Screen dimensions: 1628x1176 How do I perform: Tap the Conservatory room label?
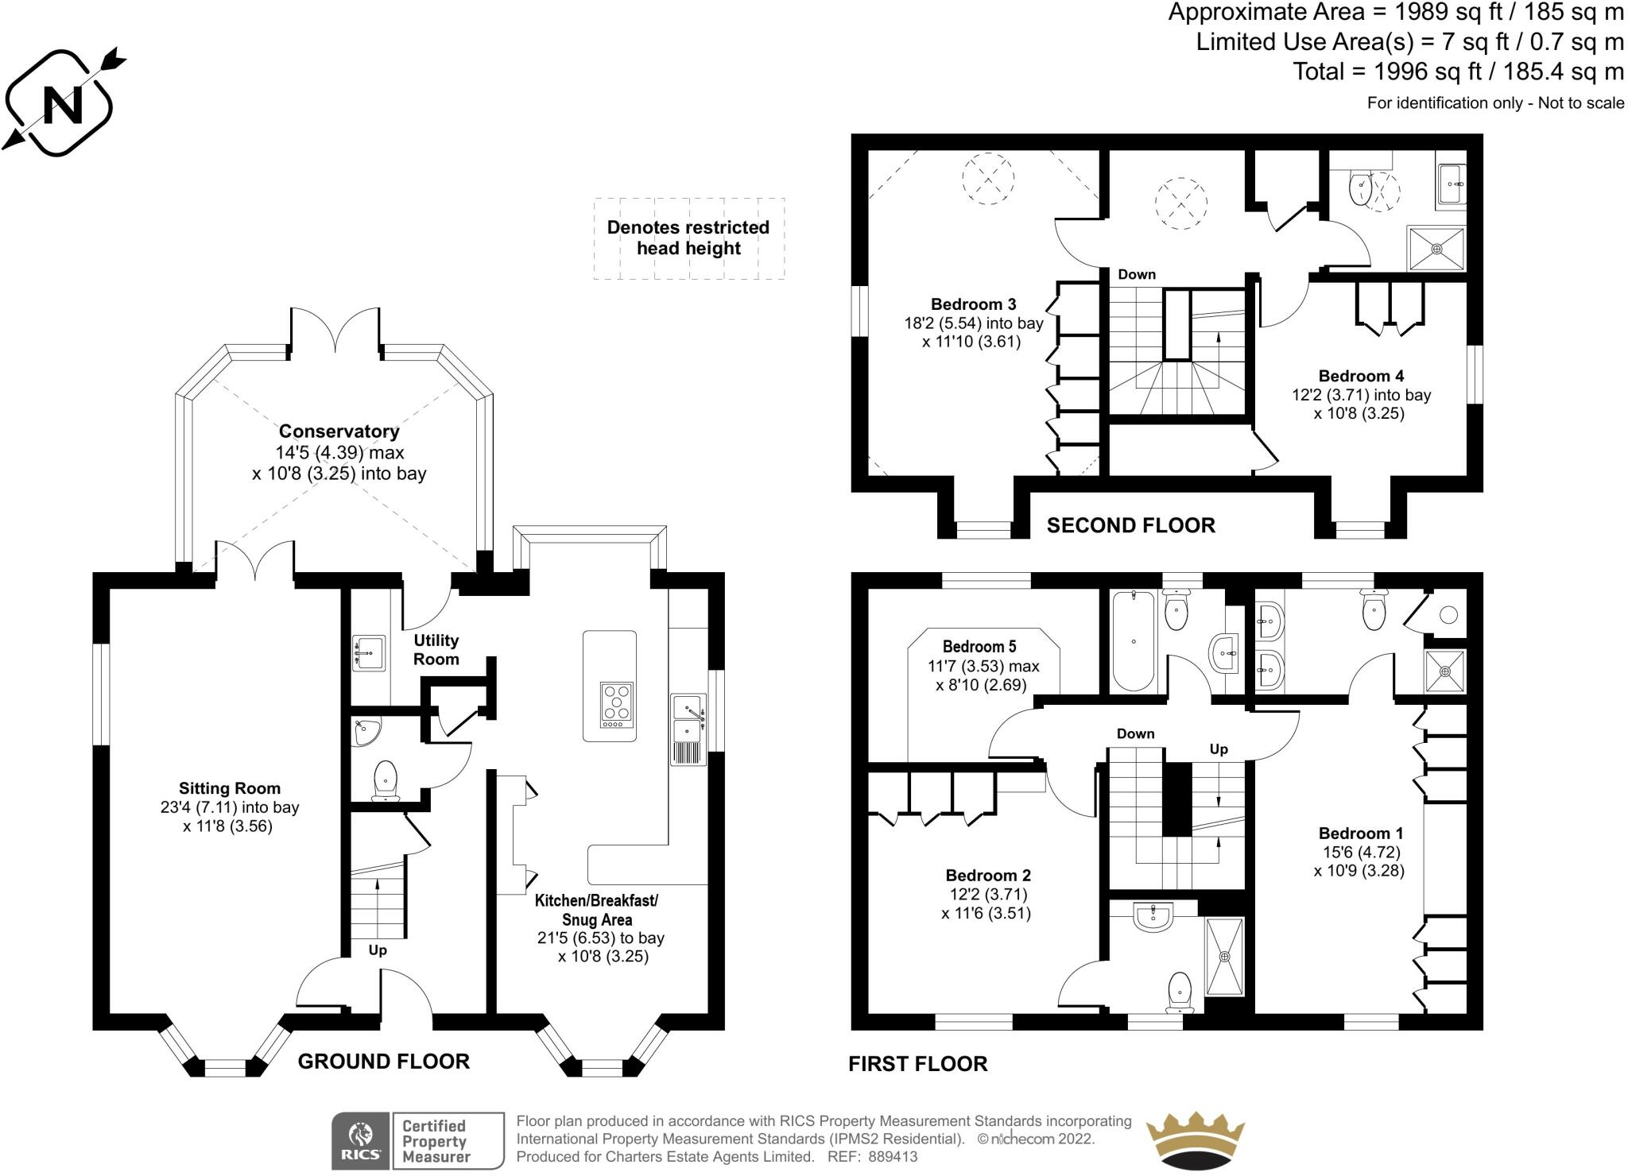339,431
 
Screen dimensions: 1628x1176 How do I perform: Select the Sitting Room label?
229,788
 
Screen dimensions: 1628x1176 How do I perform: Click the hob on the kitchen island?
616,705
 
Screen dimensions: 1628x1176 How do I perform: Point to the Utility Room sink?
369,652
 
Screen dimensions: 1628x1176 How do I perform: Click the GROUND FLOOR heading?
383,1061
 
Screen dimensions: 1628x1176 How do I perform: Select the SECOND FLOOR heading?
1130,525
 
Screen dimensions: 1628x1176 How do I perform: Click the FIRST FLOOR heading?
917,1064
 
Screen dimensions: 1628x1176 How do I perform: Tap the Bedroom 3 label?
973,304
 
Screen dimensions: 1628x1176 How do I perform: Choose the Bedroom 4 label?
1361,376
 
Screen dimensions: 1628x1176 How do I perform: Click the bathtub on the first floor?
1133,640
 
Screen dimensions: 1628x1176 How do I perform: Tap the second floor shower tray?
1436,249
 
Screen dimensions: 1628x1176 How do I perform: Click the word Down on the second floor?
1137,274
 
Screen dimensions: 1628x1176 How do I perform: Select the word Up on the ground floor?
378,950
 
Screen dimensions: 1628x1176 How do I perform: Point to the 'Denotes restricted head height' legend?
688,238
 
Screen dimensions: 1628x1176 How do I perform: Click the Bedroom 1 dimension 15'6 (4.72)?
1361,852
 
